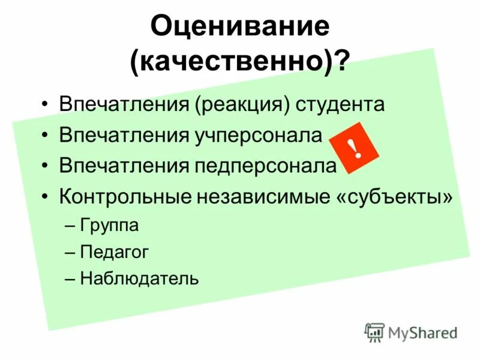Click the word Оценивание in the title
pos(239,26)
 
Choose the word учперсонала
pos(259,135)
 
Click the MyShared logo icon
pos(374,332)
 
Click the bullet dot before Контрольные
pos(47,197)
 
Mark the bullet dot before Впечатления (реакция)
pos(47,104)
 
